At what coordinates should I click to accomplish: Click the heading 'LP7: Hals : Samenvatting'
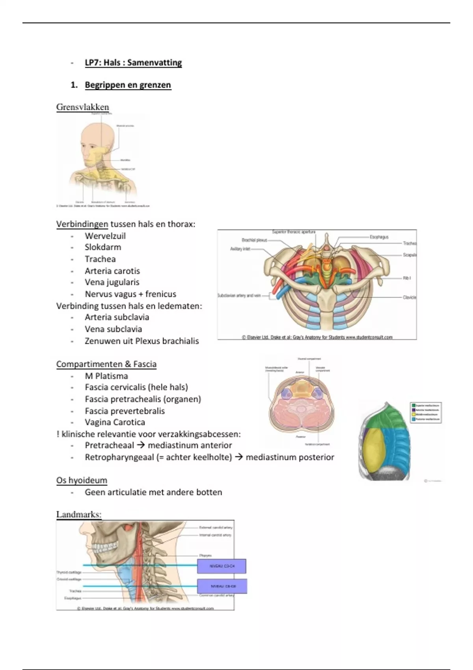(x=133, y=63)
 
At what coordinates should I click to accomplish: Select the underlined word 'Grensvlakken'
(x=82, y=107)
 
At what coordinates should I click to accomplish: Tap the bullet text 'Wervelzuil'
(x=105, y=236)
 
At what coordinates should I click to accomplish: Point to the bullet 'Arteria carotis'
(x=112, y=271)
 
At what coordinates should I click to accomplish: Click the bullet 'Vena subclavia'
(x=113, y=329)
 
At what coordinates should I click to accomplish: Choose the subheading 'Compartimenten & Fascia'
(x=106, y=364)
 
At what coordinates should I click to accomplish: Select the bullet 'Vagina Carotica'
(x=115, y=422)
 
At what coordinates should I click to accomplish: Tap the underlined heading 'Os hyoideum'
(x=82, y=480)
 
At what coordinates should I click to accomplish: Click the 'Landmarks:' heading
(x=79, y=514)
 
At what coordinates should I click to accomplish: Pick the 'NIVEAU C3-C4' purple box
(x=222, y=566)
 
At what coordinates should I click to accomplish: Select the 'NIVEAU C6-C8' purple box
(x=222, y=586)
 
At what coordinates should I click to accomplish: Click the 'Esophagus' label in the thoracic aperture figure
(x=379, y=237)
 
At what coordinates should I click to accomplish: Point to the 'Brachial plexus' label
(x=254, y=240)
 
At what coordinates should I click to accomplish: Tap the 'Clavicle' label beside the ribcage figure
(x=409, y=297)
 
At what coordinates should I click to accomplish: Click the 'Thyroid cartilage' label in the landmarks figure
(x=69, y=572)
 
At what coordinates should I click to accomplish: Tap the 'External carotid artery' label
(x=216, y=527)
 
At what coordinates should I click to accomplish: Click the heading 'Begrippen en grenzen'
(x=128, y=85)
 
